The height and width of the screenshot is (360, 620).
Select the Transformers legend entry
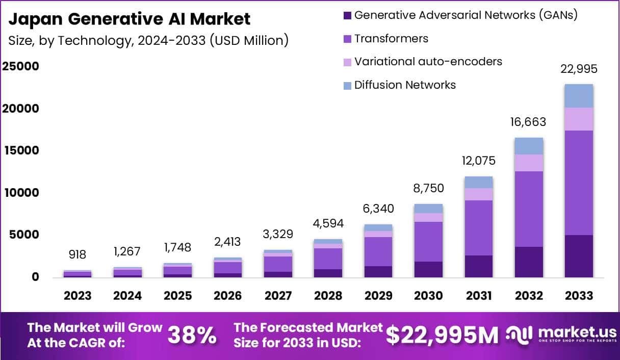pyautogui.click(x=391, y=39)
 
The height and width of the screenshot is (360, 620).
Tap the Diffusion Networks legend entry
pyautogui.click(x=405, y=85)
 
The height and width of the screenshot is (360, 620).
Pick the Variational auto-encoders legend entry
pyautogui.click(x=428, y=62)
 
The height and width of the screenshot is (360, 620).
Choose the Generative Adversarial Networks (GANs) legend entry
pyautogui.click(x=466, y=15)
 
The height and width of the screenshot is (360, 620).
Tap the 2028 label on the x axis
pyautogui.click(x=328, y=296)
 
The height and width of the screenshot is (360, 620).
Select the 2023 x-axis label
pyautogui.click(x=77, y=296)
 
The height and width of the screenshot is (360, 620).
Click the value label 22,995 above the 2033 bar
pyautogui.click(x=579, y=69)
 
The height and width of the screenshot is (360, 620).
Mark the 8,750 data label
pyautogui.click(x=428, y=188)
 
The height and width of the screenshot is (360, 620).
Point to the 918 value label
pyautogui.click(x=77, y=254)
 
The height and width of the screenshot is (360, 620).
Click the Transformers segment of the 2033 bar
pyautogui.click(x=579, y=183)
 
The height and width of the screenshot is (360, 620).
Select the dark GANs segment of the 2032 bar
pyautogui.click(x=529, y=262)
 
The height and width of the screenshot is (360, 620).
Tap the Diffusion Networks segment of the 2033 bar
pyautogui.click(x=579, y=96)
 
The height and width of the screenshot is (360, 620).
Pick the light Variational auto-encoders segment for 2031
pyautogui.click(x=478, y=194)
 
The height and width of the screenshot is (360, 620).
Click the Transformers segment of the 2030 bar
pyautogui.click(x=428, y=242)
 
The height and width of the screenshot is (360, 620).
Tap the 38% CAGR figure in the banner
pyautogui.click(x=192, y=335)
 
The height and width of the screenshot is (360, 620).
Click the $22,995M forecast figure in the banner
pyautogui.click(x=442, y=335)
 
